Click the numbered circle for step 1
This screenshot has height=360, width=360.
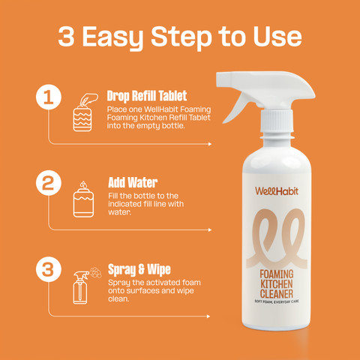click(x=49, y=97)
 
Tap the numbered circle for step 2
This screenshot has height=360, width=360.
click(x=49, y=183)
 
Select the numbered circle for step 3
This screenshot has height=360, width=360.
click(x=49, y=269)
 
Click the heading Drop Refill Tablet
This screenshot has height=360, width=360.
click(x=147, y=96)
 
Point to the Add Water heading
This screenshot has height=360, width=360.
click(x=133, y=182)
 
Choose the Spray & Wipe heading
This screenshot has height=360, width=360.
click(x=139, y=270)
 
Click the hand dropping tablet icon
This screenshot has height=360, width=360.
click(x=85, y=112)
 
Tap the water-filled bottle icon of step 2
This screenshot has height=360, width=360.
click(x=83, y=199)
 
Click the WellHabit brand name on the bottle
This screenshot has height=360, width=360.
click(x=277, y=191)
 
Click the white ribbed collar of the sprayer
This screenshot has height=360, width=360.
click(x=277, y=121)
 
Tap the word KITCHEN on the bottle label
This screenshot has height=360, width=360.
click(x=277, y=284)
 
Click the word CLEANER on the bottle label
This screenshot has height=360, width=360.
click(x=277, y=294)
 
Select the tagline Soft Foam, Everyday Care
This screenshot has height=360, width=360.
click(x=277, y=302)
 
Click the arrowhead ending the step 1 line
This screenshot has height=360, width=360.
click(x=210, y=144)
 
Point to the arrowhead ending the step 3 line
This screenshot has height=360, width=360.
click(x=208, y=316)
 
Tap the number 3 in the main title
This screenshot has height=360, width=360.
click(x=66, y=37)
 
